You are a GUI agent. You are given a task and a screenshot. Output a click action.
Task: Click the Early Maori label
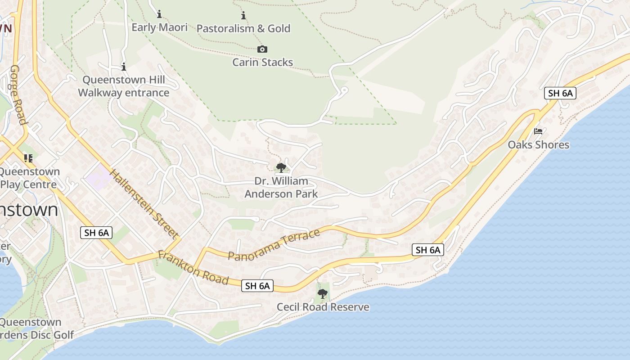tap(159, 27)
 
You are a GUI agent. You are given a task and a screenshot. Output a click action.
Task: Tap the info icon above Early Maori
tap(159, 14)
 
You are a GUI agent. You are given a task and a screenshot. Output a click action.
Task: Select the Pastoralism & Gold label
tap(243, 28)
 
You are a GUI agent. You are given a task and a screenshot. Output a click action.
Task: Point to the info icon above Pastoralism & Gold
tap(243, 16)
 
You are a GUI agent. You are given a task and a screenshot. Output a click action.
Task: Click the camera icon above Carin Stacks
tap(262, 49)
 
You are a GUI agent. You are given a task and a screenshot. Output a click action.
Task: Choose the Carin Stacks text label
tap(262, 62)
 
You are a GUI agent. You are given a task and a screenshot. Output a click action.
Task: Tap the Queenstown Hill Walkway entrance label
tap(124, 86)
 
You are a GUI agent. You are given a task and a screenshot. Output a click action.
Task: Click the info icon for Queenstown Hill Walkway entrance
tap(124, 67)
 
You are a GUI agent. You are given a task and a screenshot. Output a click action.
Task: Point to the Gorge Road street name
tap(18, 94)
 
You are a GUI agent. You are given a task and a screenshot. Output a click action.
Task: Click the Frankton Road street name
tap(193, 268)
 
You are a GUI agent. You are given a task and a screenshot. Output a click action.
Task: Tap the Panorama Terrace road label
tap(274, 245)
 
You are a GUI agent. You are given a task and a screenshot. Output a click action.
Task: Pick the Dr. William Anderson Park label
tap(281, 188)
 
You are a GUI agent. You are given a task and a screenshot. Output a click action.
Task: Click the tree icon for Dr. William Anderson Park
tap(281, 168)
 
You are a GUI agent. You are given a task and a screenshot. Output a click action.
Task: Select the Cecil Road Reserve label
tap(323, 307)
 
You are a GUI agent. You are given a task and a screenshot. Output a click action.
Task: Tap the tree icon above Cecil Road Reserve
tap(322, 294)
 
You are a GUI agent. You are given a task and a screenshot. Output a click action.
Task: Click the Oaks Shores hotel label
tap(538, 145)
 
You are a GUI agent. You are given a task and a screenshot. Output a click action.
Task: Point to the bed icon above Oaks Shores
tap(538, 131)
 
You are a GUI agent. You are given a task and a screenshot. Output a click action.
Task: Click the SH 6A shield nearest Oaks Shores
tap(560, 93)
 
